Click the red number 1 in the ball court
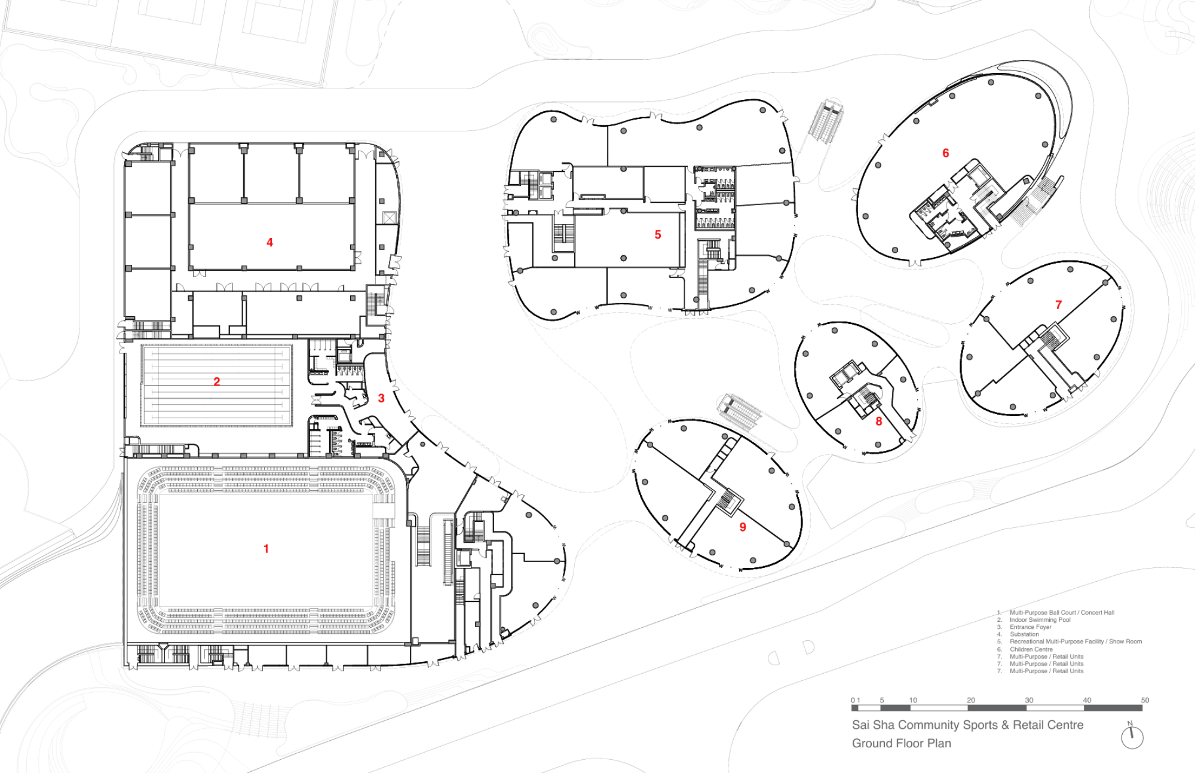(x=266, y=549)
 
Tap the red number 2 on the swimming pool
(x=217, y=381)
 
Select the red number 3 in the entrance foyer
(x=381, y=398)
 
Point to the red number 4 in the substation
(x=269, y=243)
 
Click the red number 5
(x=658, y=235)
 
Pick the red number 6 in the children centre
(x=945, y=154)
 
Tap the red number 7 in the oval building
(x=1058, y=305)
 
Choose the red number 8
(x=878, y=421)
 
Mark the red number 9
(x=743, y=527)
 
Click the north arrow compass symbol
(x=1132, y=737)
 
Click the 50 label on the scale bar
(x=1145, y=700)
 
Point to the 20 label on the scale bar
(x=971, y=700)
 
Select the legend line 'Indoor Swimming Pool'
(x=1040, y=620)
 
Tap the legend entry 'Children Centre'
(x=1031, y=649)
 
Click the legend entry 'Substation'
(x=1024, y=634)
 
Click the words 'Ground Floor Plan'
(x=901, y=744)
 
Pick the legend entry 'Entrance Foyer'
(x=1030, y=627)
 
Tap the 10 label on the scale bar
(x=913, y=700)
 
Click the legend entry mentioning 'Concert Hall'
(x=1061, y=613)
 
